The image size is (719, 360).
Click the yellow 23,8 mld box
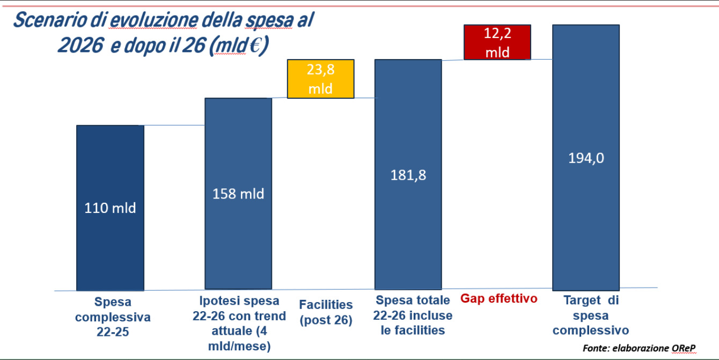(321, 79)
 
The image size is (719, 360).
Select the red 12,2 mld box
(497, 42)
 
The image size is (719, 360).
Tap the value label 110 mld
(110, 208)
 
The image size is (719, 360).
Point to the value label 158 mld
(238, 193)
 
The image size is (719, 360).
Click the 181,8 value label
(408, 175)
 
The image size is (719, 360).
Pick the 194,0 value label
(585, 158)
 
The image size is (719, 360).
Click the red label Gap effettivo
(498, 298)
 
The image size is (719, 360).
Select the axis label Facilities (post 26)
(326, 312)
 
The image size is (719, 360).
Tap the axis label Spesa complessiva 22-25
(113, 317)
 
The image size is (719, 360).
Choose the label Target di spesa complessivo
(591, 315)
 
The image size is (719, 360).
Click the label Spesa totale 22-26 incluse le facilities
(414, 315)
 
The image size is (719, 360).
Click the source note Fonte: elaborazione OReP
(639, 348)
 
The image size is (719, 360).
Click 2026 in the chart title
(80, 46)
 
